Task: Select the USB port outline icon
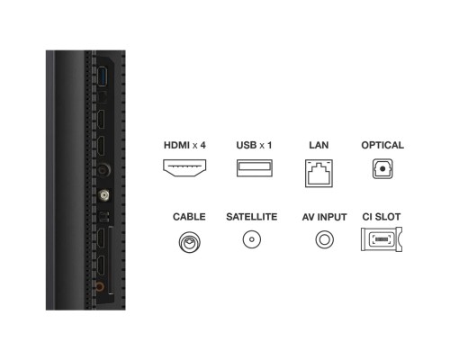(x=255, y=168)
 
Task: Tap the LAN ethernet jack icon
(x=319, y=174)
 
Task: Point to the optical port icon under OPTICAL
(x=382, y=168)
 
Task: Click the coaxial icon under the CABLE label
(x=189, y=242)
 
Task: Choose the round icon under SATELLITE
(x=252, y=239)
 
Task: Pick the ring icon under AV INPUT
(x=324, y=239)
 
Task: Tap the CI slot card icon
(x=382, y=239)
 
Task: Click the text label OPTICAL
(x=382, y=145)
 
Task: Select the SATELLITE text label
(x=252, y=217)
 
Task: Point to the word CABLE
(x=189, y=217)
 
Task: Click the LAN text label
(x=319, y=145)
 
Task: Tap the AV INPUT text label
(x=324, y=217)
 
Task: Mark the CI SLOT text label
(x=382, y=217)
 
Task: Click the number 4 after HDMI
(x=202, y=145)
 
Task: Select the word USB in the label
(x=247, y=145)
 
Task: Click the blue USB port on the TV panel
(x=103, y=76)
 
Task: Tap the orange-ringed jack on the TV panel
(x=100, y=287)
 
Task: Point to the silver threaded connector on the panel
(x=104, y=195)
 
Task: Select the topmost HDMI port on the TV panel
(x=101, y=119)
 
